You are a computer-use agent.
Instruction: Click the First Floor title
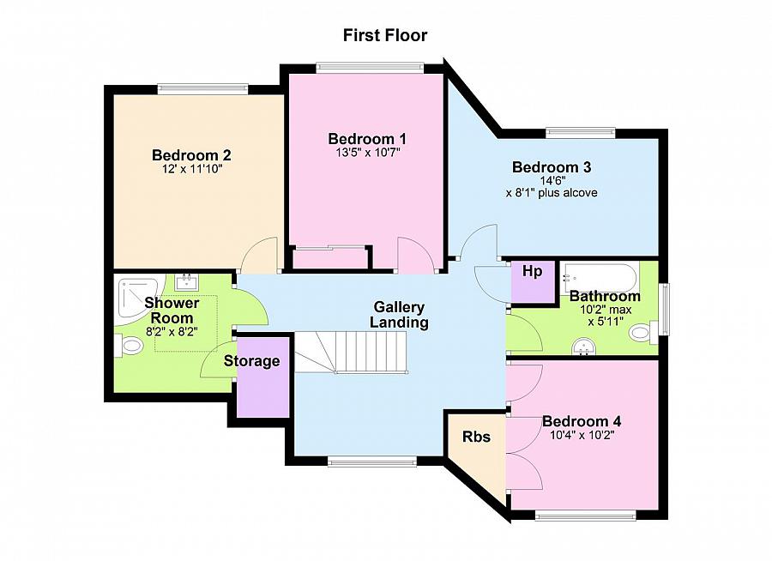point(385,35)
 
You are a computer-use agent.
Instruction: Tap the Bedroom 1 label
point(367,138)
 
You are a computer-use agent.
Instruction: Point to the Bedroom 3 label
point(552,167)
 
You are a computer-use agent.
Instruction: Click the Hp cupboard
point(532,282)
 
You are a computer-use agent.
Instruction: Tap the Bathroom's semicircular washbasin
point(584,347)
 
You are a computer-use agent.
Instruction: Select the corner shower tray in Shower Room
point(137,304)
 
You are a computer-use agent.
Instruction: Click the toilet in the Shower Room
point(129,346)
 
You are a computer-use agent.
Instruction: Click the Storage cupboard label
point(251,361)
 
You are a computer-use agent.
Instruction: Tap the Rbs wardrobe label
point(476,437)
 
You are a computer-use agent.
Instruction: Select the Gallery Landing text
point(399,315)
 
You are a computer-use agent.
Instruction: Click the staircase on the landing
point(352,352)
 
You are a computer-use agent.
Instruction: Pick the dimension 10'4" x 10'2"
point(582,436)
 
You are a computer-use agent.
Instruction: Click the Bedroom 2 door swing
point(259,255)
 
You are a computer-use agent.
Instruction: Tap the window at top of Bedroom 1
point(370,67)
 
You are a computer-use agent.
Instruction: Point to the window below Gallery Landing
point(372,461)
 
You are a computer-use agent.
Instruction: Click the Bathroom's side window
point(664,309)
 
